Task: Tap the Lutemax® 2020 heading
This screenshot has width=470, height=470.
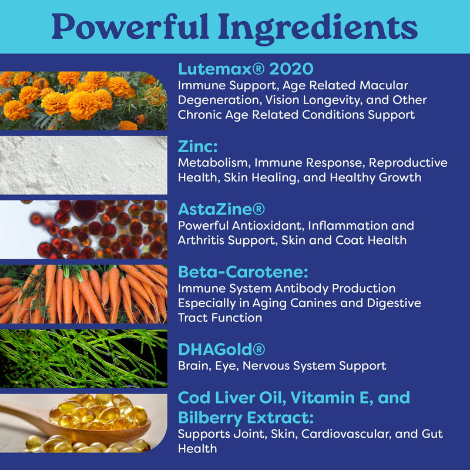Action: point(246,69)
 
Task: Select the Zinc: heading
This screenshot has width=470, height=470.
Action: point(197,146)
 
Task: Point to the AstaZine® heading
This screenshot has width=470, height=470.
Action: point(221,209)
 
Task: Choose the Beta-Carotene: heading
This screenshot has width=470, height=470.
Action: point(243,272)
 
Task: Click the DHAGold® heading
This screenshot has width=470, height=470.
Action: point(221,350)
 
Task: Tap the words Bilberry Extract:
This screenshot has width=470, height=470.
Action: point(246,418)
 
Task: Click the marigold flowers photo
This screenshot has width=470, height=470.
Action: point(83,100)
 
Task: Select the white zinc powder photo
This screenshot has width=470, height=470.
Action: point(83,165)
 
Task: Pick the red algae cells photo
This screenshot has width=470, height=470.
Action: point(83,230)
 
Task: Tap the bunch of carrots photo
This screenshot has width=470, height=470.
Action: point(83,294)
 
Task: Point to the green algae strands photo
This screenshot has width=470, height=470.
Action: point(83,358)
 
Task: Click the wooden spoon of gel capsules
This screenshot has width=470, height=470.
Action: point(83,423)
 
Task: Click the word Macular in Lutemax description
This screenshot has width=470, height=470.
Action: point(384,85)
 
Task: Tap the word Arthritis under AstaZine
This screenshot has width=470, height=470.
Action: point(201,240)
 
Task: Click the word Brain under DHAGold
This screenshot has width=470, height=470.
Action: point(194,365)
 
